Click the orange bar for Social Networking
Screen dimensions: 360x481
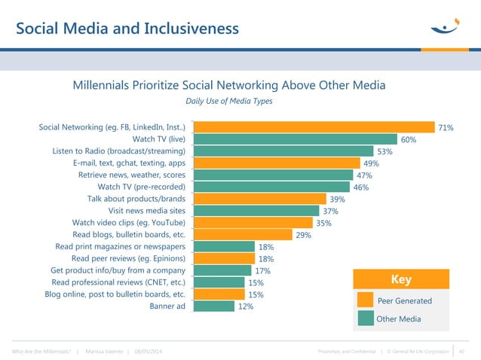[x=314, y=127]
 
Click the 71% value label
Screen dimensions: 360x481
[x=446, y=128]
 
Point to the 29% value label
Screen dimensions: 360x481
[x=304, y=235]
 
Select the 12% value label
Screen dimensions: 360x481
[x=245, y=307]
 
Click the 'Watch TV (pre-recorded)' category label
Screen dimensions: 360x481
[x=142, y=187]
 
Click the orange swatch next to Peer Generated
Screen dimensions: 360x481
[x=365, y=301]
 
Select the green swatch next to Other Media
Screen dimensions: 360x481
[x=365, y=319]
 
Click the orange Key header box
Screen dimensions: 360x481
[x=400, y=279]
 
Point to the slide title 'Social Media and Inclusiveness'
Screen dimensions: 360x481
[x=127, y=29]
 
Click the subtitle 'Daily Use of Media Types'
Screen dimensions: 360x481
[x=229, y=101]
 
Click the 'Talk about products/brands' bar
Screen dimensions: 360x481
[x=260, y=199]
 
